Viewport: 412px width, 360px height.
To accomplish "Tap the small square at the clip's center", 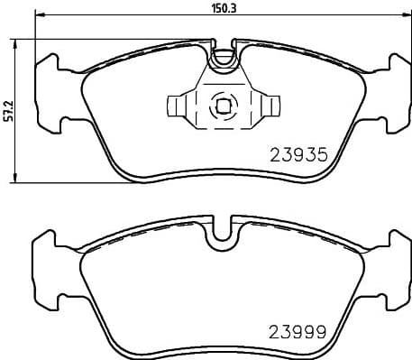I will tap(221, 106).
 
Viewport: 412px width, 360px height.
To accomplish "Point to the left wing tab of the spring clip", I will tap(178, 106).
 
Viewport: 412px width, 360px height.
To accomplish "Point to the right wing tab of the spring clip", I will tap(265, 106).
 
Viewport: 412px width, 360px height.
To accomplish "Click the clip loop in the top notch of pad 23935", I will tap(221, 56).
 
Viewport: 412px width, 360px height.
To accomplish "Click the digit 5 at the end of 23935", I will tap(318, 155).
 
